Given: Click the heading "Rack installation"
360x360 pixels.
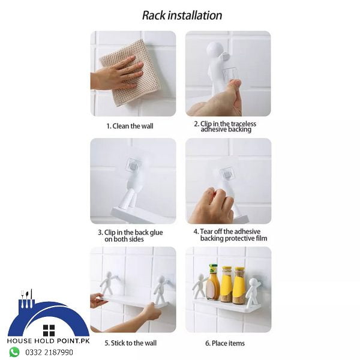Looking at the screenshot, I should click(x=182, y=16).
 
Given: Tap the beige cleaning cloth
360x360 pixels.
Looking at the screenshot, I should click(x=130, y=70).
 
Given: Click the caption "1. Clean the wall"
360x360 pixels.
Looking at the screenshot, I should click(x=130, y=126).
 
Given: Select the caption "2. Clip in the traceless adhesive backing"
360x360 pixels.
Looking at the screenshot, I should click(x=224, y=127).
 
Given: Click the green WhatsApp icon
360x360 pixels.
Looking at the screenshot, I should click(x=14, y=352).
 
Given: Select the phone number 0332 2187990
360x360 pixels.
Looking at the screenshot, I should click(x=49, y=352).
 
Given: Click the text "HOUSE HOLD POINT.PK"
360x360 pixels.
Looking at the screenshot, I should click(x=48, y=341).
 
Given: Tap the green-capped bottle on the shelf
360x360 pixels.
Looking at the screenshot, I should click(x=213, y=283).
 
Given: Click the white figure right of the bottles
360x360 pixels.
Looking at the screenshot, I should click(x=252, y=292).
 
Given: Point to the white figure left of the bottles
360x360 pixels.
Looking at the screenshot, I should click(x=199, y=286).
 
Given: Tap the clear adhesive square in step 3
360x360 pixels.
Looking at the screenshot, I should click(x=133, y=166).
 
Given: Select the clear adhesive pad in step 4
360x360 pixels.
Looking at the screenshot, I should click(x=226, y=173).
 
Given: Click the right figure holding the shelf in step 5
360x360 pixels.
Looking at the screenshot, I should click(x=160, y=289).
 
